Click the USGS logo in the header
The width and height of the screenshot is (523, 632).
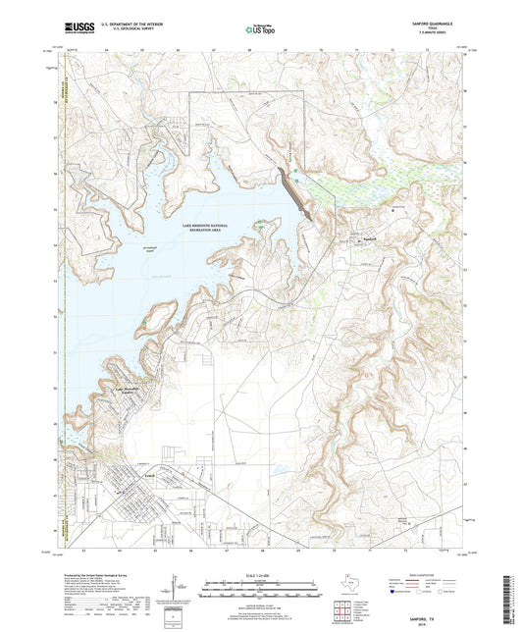(72, 30)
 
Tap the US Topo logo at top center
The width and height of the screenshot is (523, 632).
(257, 31)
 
